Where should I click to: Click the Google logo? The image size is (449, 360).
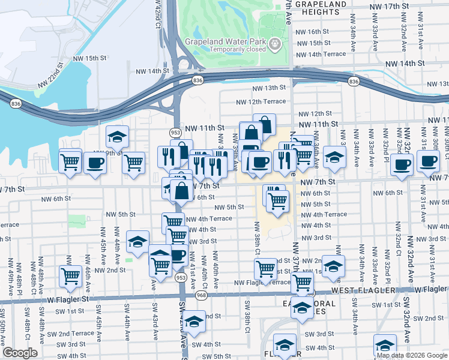(19, 353)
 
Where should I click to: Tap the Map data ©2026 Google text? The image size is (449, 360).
(411, 355)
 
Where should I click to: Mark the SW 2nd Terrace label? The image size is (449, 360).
(71, 334)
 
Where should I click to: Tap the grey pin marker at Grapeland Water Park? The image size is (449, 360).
(274, 43)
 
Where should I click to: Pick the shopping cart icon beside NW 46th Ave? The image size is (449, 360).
(70, 277)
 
